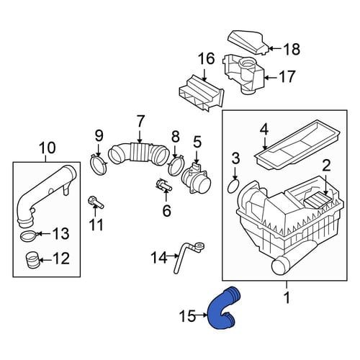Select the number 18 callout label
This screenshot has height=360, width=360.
(292, 49)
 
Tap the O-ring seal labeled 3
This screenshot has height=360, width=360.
(233, 186)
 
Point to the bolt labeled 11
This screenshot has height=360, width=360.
(96, 202)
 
